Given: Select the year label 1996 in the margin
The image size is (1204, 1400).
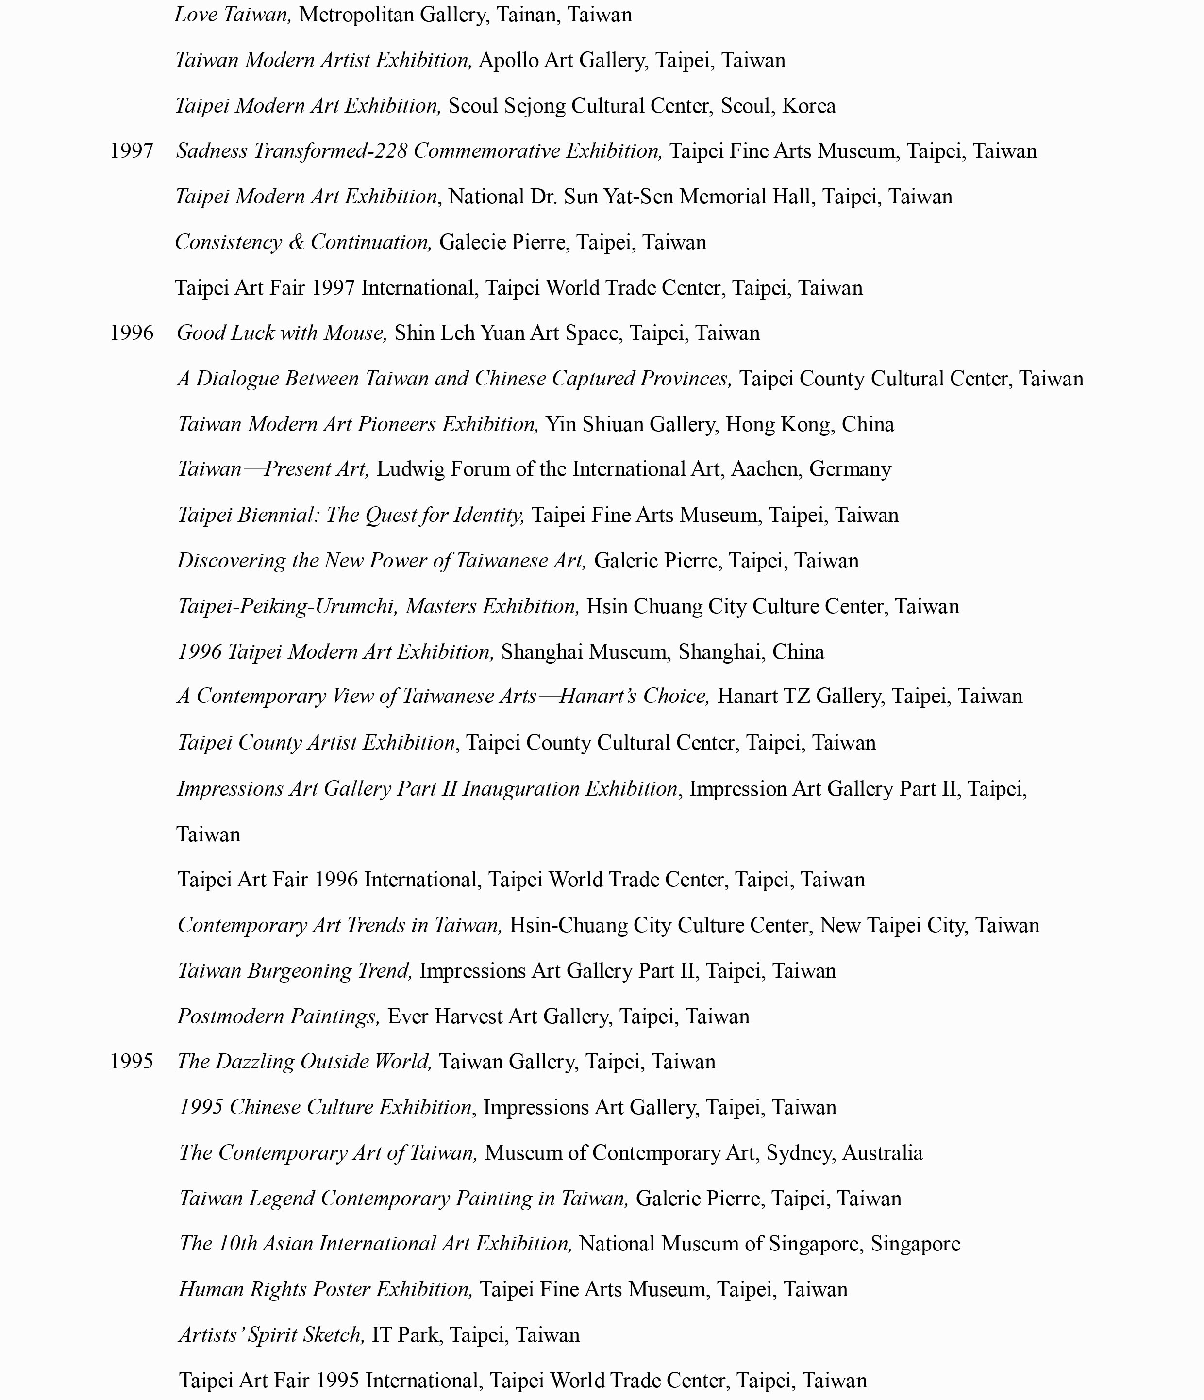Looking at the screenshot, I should [x=132, y=333].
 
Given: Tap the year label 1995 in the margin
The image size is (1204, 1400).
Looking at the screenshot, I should [x=132, y=1062].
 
